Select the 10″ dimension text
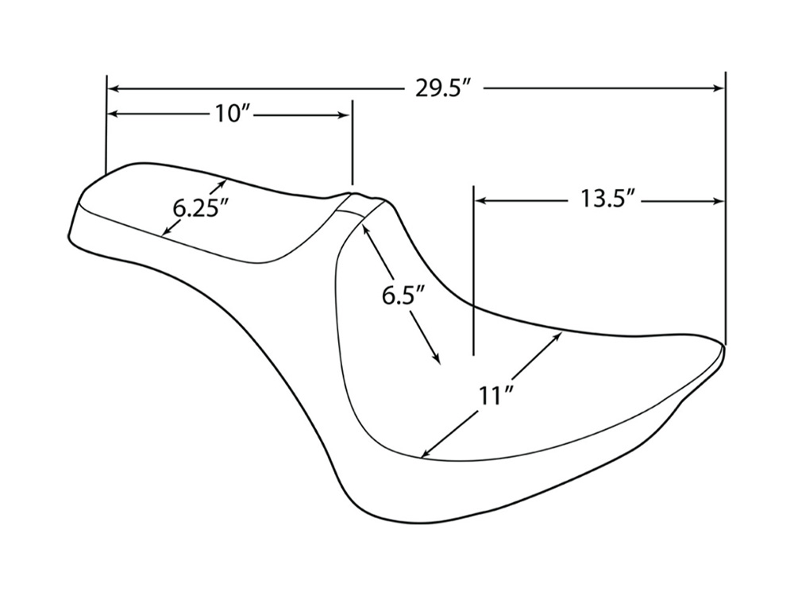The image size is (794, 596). [232, 114]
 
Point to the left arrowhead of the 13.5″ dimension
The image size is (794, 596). [480, 200]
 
